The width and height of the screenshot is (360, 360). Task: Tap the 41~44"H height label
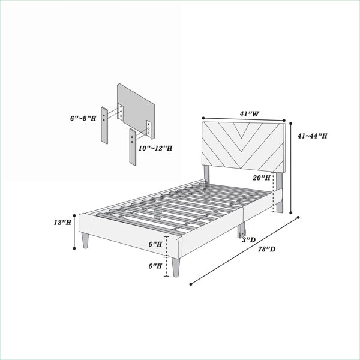312,136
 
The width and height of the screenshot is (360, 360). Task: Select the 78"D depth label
266,249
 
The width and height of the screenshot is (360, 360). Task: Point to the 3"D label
249,240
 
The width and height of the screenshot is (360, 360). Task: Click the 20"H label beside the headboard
262,178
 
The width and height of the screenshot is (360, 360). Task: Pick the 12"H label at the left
62,222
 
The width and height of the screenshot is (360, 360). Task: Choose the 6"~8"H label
83,118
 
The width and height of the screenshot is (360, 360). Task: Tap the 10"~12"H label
155,148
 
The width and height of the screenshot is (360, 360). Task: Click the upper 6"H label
155,244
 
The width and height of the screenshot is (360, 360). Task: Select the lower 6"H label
155,266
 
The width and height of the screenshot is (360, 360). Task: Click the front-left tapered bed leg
85,241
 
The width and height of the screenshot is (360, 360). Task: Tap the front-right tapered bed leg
176,267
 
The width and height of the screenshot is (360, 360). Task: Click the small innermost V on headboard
241,130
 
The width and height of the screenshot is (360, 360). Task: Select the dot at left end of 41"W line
203,118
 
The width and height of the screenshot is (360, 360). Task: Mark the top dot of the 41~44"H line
290,123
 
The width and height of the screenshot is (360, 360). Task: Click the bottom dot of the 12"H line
74,248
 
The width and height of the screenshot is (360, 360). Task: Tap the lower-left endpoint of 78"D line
191,284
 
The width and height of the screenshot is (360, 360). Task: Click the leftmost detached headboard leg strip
104,125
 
